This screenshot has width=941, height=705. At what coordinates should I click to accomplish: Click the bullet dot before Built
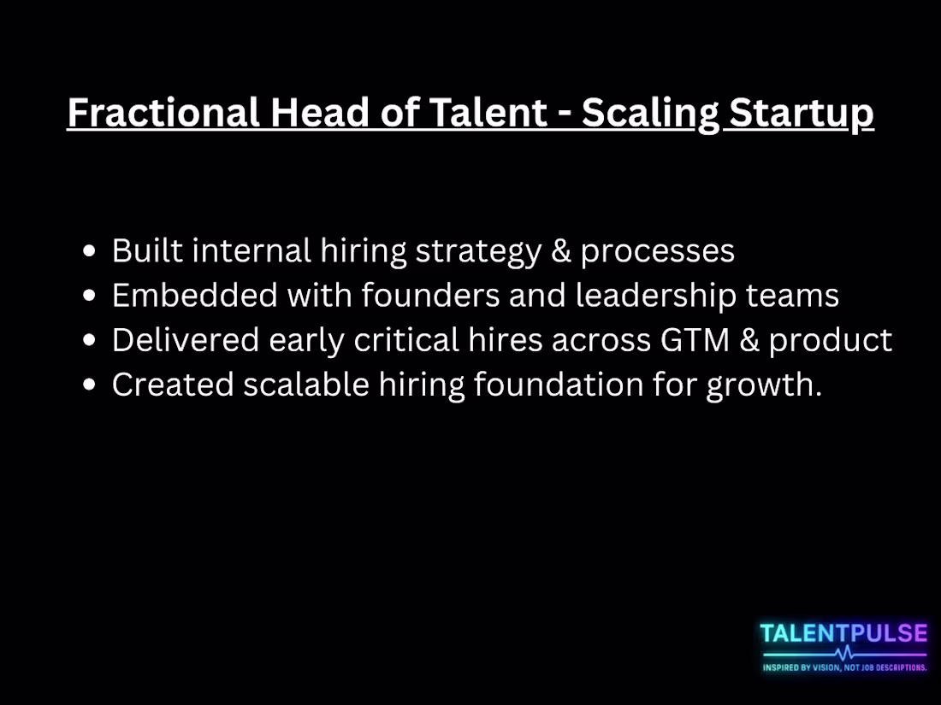[90, 251]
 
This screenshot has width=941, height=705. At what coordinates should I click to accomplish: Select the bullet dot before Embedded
[90, 296]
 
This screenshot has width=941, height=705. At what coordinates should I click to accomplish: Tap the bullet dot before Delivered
[90, 340]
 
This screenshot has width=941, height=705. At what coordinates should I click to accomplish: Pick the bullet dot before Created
[90, 385]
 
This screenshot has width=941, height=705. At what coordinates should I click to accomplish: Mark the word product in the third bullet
[831, 341]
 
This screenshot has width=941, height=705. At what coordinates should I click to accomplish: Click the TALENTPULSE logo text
[843, 634]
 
